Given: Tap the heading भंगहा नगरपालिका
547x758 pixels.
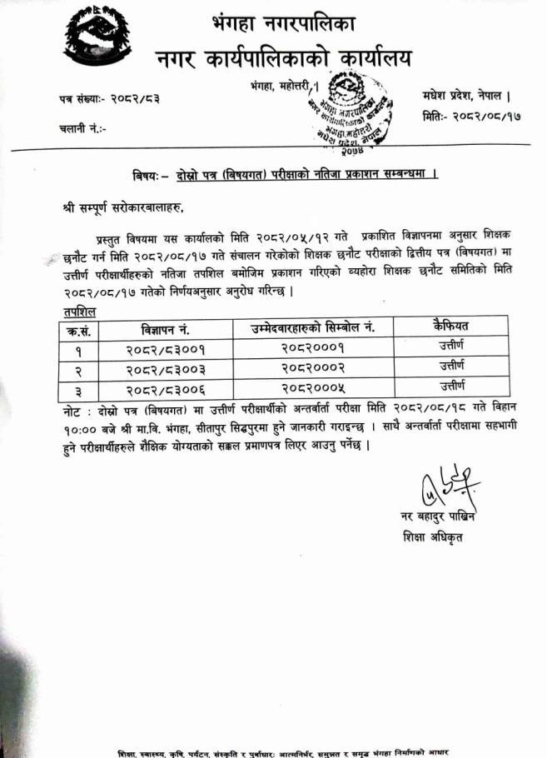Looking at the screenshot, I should pyautogui.click(x=283, y=22).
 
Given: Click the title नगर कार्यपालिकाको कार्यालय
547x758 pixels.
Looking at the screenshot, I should pyautogui.click(x=283, y=58).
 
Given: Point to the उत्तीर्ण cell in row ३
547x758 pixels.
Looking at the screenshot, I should pyautogui.click(x=452, y=386).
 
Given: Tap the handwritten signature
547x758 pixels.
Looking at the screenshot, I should pyautogui.click(x=448, y=489).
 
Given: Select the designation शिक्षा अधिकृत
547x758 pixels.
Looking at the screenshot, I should pyautogui.click(x=431, y=537).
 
